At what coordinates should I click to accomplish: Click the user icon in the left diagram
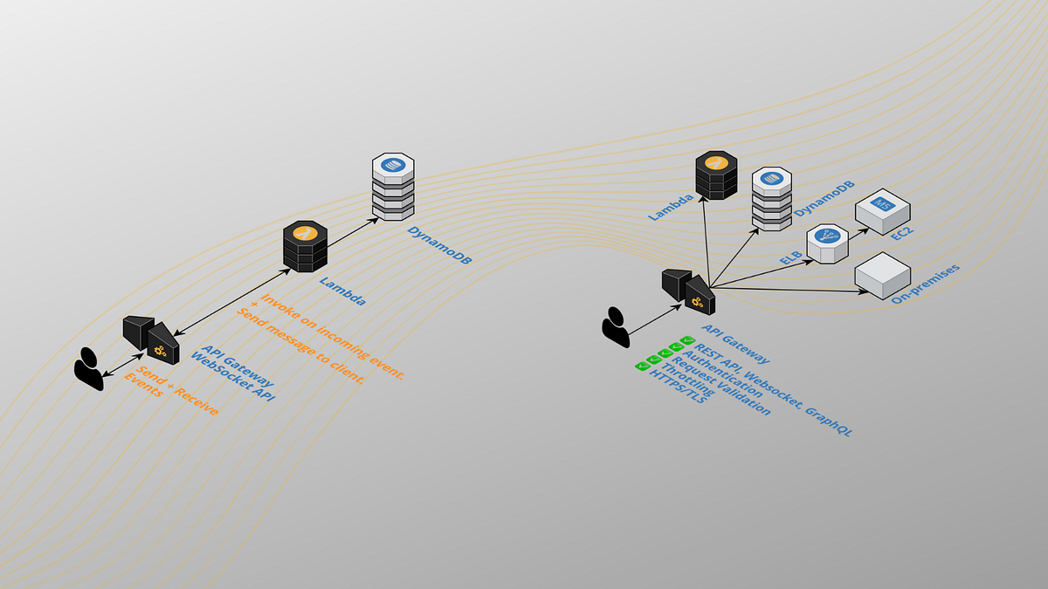[88, 368]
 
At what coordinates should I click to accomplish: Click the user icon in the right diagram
[615, 328]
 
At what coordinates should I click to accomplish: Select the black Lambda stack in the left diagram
[305, 247]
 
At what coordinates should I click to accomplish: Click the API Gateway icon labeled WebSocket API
[151, 339]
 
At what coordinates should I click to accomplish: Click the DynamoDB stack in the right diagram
[771, 198]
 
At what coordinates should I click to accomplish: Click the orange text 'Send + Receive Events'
[171, 393]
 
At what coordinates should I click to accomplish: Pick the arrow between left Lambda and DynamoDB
[353, 231]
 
